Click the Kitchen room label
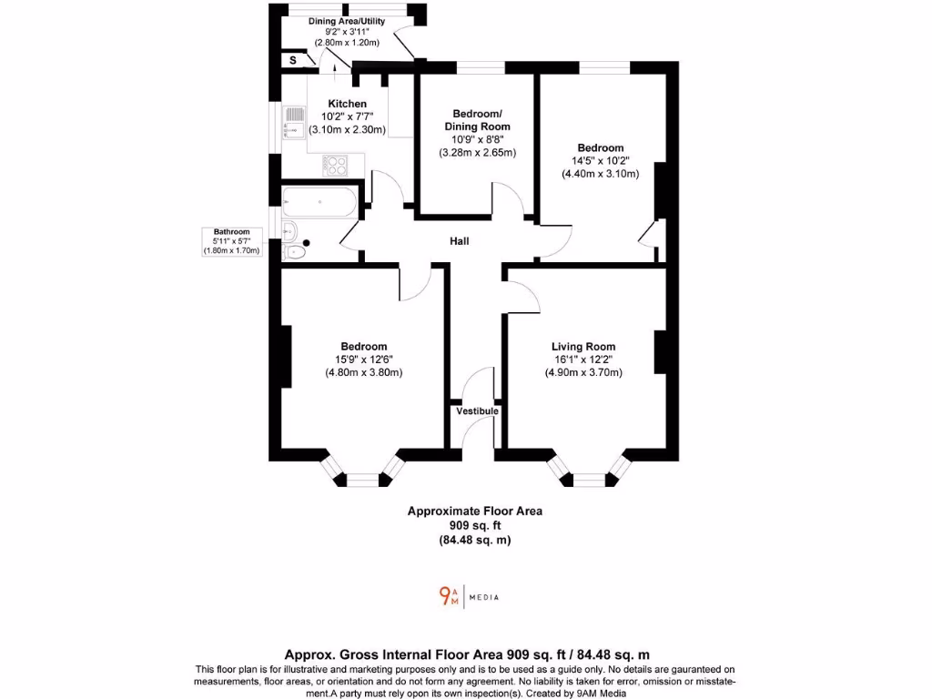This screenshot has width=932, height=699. click(348, 104)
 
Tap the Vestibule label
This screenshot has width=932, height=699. click(478, 411)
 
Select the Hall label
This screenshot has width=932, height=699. click(460, 241)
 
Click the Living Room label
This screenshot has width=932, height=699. click(583, 347)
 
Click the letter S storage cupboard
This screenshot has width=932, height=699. click(293, 60)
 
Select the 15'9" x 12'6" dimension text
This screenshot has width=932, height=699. click(364, 360)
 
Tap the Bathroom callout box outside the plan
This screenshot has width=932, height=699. click(232, 241)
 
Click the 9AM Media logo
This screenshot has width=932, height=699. click(468, 596)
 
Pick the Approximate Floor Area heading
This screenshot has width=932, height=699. click(474, 512)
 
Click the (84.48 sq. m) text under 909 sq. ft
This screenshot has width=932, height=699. click(474, 541)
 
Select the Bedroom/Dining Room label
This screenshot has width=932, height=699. click(477, 120)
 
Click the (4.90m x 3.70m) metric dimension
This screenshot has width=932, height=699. click(583, 372)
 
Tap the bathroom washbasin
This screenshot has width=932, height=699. click(289, 229)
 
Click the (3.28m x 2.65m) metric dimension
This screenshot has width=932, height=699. click(477, 152)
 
